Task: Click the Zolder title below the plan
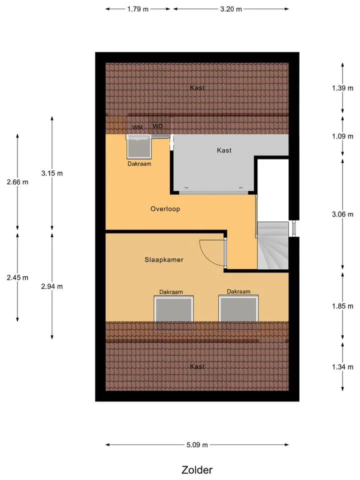click(x=197, y=469)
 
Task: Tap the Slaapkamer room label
click(x=164, y=260)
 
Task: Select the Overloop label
click(x=165, y=209)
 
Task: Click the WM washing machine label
click(x=137, y=127)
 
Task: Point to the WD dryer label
click(x=157, y=126)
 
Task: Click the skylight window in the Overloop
click(x=139, y=146)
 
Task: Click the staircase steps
click(x=273, y=245)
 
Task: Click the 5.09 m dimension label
click(x=197, y=445)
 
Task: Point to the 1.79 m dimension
click(x=138, y=9)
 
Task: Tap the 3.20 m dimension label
click(x=231, y=9)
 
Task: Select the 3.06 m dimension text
click(x=342, y=214)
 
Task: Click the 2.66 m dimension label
click(x=17, y=182)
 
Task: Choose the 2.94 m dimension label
click(x=52, y=286)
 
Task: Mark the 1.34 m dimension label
click(x=342, y=366)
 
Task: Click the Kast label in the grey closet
click(x=224, y=150)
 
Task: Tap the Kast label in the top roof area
click(x=197, y=88)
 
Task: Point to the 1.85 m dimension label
click(x=342, y=306)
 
